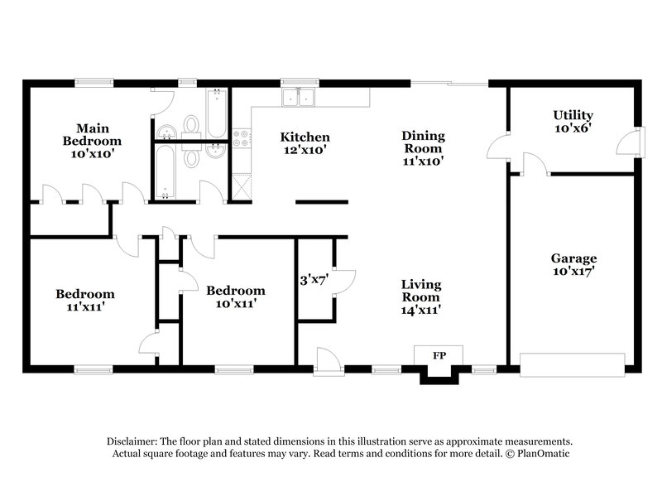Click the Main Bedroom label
(94, 141)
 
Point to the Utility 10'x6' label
(573, 122)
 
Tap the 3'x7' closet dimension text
(314, 279)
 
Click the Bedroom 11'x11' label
(85, 300)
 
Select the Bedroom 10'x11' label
(236, 296)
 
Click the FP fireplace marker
(439, 354)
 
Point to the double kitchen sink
(300, 99)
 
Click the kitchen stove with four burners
(242, 141)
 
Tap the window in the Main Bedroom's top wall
(96, 81)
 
